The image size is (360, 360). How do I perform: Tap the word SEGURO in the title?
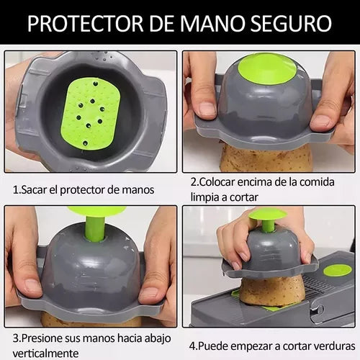[x=291, y=23]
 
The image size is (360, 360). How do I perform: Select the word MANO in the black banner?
[x=212, y=23]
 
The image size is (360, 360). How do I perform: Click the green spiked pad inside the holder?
[x=91, y=113]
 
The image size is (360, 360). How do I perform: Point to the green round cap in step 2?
[x=267, y=69]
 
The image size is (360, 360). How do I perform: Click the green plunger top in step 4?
[x=266, y=215]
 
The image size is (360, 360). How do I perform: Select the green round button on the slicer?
[x=338, y=270]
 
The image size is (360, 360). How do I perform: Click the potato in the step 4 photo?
[x=272, y=290]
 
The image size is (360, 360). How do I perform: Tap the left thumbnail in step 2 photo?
[x=207, y=109]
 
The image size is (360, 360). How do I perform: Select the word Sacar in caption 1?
[x=34, y=190]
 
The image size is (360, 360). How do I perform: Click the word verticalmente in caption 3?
[x=45, y=354]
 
